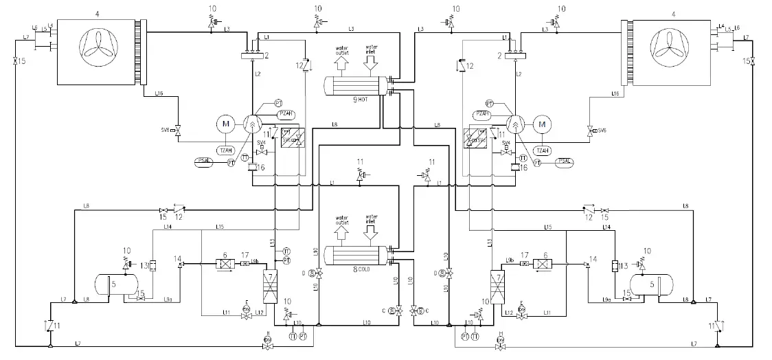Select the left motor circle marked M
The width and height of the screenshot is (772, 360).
tap(226, 124)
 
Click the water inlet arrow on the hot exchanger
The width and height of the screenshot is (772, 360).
tap(372, 65)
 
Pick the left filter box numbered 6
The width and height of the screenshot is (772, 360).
tap(225, 264)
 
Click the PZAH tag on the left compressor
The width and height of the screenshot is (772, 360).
tap(286, 113)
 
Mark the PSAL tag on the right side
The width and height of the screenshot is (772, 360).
tap(565, 162)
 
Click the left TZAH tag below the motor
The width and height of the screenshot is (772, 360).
tap(225, 150)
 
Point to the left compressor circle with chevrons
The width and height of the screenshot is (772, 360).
tap(253, 124)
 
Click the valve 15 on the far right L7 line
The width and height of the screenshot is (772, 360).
tap(753, 62)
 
